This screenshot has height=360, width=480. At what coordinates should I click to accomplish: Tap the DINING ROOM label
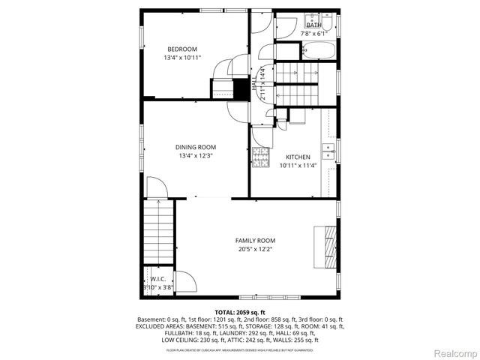(x=196, y=147)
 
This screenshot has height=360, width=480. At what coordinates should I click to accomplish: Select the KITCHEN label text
(x=298, y=157)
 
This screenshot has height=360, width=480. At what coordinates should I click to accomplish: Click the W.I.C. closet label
(x=157, y=278)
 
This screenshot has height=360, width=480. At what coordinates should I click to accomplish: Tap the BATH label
(x=313, y=25)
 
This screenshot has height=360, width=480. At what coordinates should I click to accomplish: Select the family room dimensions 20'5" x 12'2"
(x=255, y=249)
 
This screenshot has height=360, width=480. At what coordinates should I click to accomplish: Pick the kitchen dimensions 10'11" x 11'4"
(x=298, y=166)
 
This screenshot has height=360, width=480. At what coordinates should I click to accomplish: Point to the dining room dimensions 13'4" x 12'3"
(x=196, y=156)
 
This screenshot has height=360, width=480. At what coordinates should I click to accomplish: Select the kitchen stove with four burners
(x=259, y=157)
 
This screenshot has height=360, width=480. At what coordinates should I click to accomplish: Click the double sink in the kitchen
(x=328, y=151)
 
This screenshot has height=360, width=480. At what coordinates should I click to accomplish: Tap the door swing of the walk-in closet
(x=184, y=283)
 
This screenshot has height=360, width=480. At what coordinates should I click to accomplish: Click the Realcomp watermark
(x=454, y=352)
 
